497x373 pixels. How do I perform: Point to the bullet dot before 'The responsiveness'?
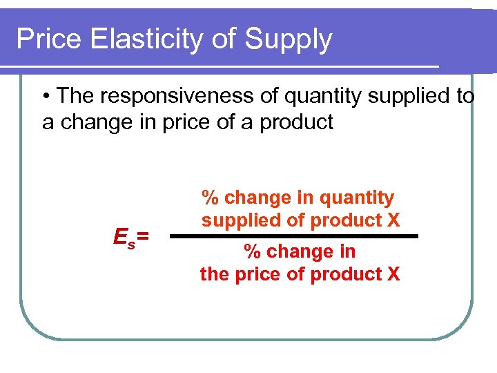click(x=46, y=97)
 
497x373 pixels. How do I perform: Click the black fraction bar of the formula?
click(x=294, y=236)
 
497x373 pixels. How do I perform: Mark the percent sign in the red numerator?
click(x=210, y=198)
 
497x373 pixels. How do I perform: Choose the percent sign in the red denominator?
click(x=253, y=252)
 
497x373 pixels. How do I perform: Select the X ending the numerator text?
click(x=393, y=220)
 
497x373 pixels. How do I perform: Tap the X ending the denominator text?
click(x=393, y=274)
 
